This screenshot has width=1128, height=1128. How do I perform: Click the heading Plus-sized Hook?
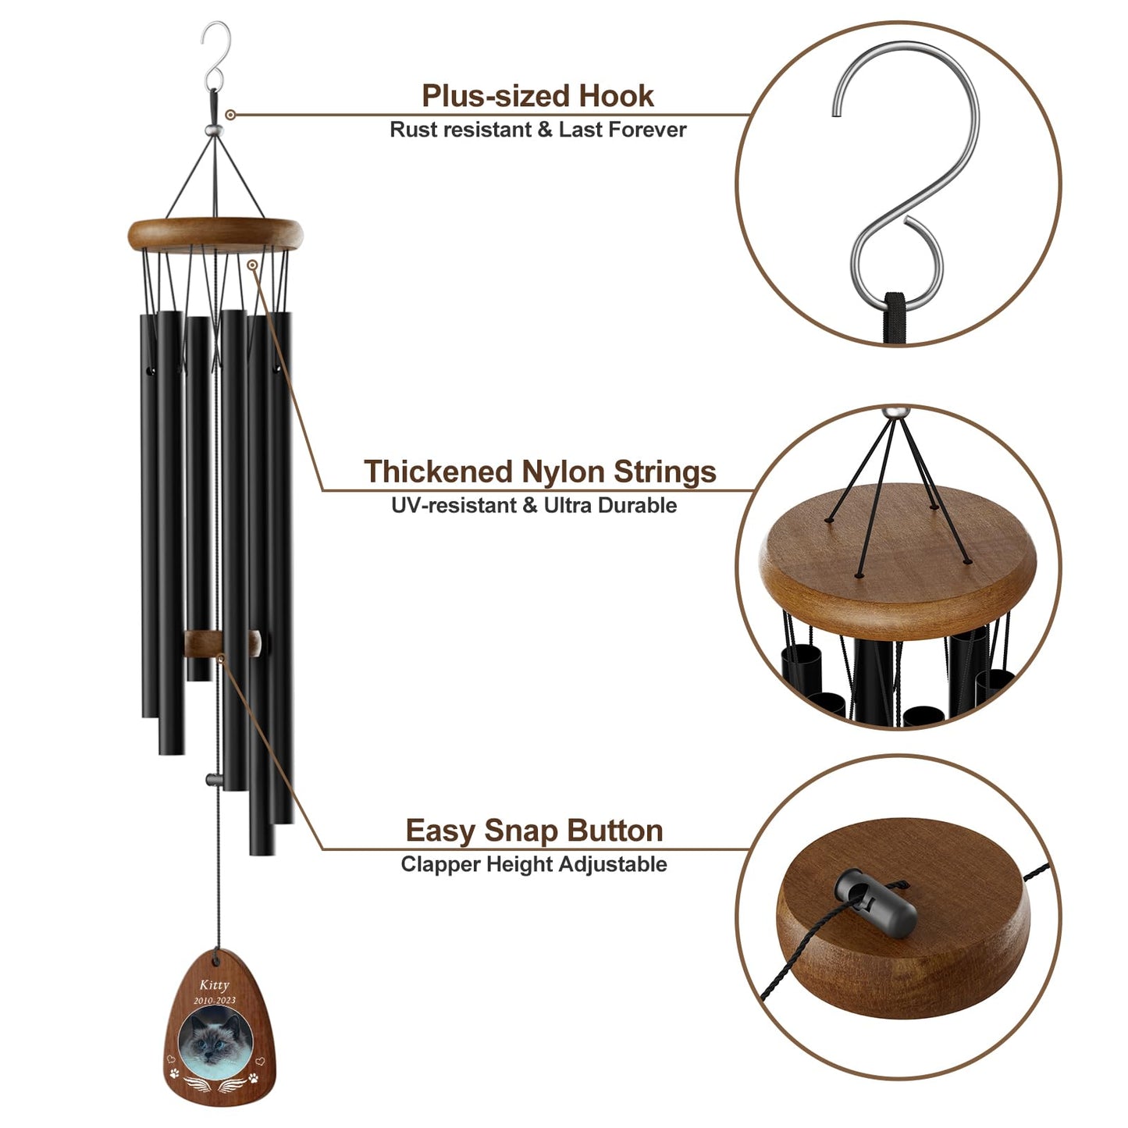[538, 96]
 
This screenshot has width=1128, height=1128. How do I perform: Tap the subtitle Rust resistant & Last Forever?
[538, 130]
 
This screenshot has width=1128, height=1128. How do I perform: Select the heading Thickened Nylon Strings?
[539, 471]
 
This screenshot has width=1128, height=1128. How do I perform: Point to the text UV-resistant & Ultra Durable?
[534, 505]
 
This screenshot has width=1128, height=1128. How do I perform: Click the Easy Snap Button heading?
[534, 831]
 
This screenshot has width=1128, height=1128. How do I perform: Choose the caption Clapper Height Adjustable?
[534, 864]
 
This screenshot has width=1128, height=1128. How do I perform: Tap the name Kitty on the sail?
[214, 985]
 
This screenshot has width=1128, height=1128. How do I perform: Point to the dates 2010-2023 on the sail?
[215, 1000]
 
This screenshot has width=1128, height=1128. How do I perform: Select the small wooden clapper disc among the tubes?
[222, 644]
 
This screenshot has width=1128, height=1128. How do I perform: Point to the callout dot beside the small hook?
[230, 115]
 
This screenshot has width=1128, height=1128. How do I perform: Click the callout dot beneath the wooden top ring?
[252, 265]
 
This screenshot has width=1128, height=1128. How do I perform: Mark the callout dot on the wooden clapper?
[221, 660]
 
